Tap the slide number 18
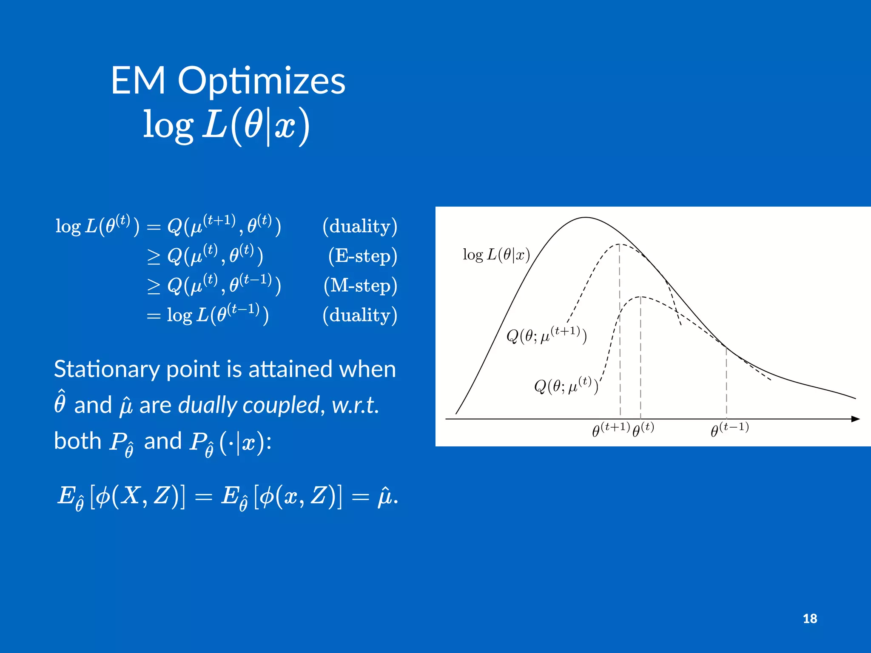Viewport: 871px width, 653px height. click(x=810, y=619)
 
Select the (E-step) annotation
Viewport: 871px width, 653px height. click(x=362, y=256)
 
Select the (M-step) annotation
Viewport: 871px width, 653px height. click(x=360, y=286)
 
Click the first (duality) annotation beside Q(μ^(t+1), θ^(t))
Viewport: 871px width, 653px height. click(x=360, y=226)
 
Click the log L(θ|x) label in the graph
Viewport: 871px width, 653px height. click(x=496, y=255)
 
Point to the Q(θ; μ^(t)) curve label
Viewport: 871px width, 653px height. click(x=566, y=385)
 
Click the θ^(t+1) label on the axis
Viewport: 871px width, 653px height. click(x=611, y=429)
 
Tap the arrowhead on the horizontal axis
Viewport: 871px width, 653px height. click(x=855, y=419)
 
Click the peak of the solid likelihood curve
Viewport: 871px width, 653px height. click(x=586, y=218)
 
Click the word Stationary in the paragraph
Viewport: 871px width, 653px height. click(x=106, y=369)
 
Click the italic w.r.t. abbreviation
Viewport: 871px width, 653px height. click(x=354, y=405)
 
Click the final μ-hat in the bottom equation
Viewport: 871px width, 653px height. click(x=385, y=497)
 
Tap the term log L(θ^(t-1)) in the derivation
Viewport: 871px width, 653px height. click(x=217, y=315)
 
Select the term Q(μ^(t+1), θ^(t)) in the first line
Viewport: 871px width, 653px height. click(x=224, y=226)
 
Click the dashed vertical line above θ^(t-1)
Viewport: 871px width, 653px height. click(x=726, y=383)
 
